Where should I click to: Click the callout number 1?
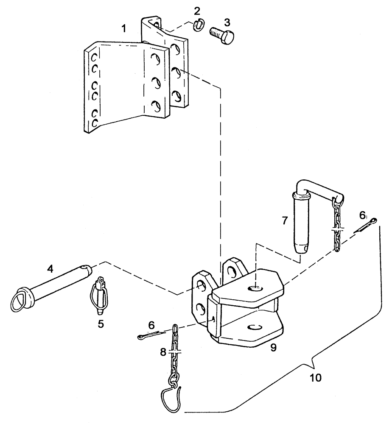pyautogui.click(x=124, y=29)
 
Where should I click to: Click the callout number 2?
pyautogui.click(x=196, y=10)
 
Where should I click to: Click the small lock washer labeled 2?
pyautogui.click(x=197, y=26)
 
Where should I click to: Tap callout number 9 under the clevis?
pyautogui.click(x=273, y=347)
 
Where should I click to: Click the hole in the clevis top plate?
pyautogui.click(x=255, y=289)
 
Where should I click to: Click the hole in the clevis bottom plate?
pyautogui.click(x=254, y=327)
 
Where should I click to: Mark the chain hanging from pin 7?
pyautogui.click(x=337, y=227)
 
